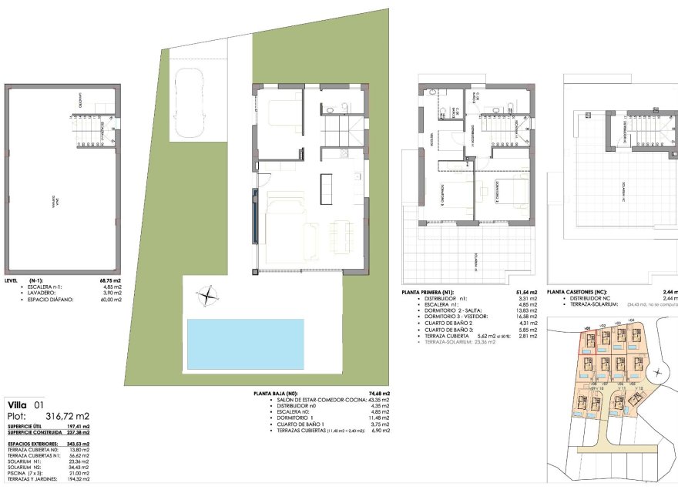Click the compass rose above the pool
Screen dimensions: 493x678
pos(207,294)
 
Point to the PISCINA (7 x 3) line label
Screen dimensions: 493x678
pos(25,474)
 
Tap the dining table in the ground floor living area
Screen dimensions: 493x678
pos(339,235)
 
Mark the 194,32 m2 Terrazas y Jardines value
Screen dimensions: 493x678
pos(79,480)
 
